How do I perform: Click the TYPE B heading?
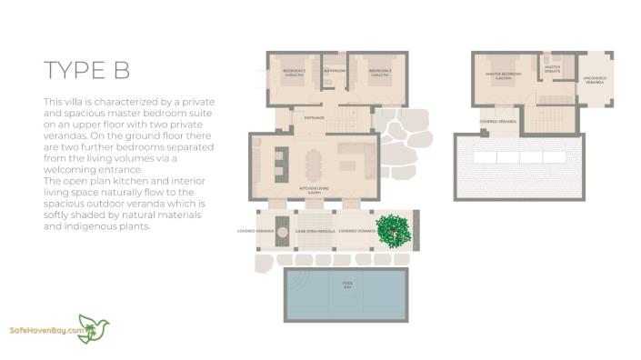87,70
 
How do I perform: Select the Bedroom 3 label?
294,72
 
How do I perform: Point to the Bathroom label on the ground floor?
335,70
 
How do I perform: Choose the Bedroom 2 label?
379,72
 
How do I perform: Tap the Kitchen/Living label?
314,191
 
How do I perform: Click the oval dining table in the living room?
315,165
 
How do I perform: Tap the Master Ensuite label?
552,67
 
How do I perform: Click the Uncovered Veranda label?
595,79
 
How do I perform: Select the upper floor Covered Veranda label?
499,121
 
